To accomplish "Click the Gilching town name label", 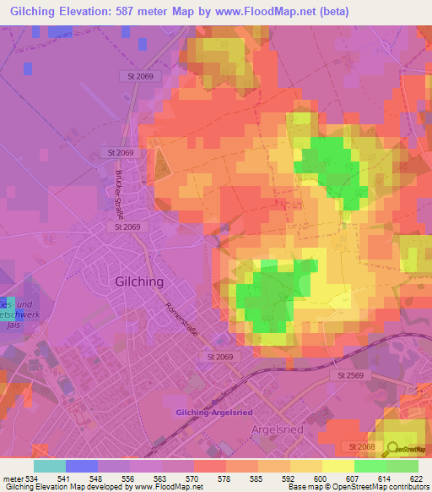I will (139, 282).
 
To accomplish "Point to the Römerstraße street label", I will (182, 322).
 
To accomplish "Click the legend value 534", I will (27, 478).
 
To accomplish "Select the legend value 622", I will (416, 478).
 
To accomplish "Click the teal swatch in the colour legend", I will (50, 466).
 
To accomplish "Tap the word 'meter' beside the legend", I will (10, 478).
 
